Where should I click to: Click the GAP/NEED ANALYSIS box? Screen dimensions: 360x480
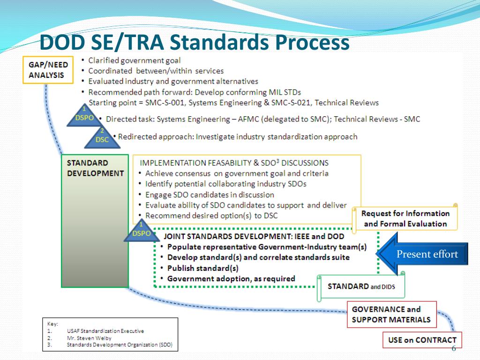coord(48,70)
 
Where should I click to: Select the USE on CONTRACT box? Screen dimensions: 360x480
coord(422,340)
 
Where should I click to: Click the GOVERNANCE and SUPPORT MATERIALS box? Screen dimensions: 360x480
coord(391,315)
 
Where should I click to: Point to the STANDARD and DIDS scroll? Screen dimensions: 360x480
coord(361,286)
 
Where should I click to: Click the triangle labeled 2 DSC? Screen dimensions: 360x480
coord(102,136)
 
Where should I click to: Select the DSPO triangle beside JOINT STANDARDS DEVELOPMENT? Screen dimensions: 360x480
coord(142,230)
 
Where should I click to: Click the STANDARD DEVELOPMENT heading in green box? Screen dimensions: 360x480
coord(95,168)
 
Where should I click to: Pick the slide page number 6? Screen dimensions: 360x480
coord(453,348)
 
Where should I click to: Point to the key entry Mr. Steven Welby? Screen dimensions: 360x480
coord(89,338)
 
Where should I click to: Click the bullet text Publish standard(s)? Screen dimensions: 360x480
coord(202,268)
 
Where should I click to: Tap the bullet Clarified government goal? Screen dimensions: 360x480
coord(134,60)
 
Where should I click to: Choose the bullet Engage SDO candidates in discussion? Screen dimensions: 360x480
coord(210,195)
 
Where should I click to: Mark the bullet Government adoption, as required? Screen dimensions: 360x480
coord(231,279)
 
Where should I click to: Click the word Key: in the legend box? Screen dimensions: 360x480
coord(52,323)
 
